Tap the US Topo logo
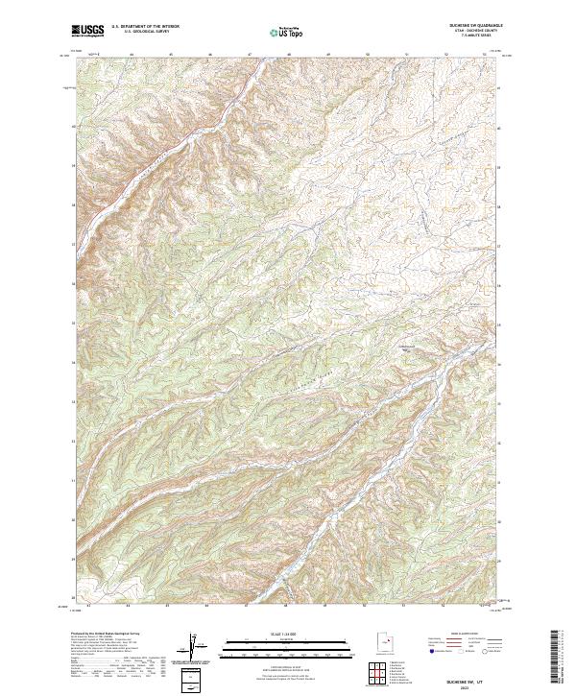(287, 33)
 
